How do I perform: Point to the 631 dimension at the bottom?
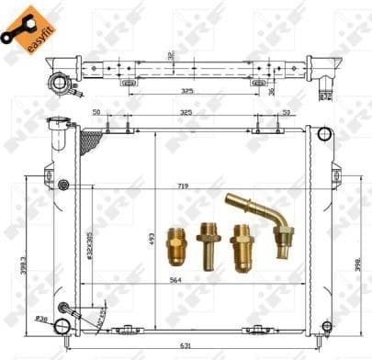pyautogui.click(x=186, y=345)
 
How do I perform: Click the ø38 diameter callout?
pyautogui.click(x=40, y=319)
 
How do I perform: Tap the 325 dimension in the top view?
pyautogui.click(x=186, y=91)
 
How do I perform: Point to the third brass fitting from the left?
pyautogui.click(x=242, y=245)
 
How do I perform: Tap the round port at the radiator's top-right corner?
pyautogui.click(x=323, y=134)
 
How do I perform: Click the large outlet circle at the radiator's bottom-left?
pyautogui.click(x=62, y=326)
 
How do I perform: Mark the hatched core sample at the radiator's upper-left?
pyautogui.click(x=92, y=141)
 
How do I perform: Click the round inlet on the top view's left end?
pyautogui.click(x=61, y=83)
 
